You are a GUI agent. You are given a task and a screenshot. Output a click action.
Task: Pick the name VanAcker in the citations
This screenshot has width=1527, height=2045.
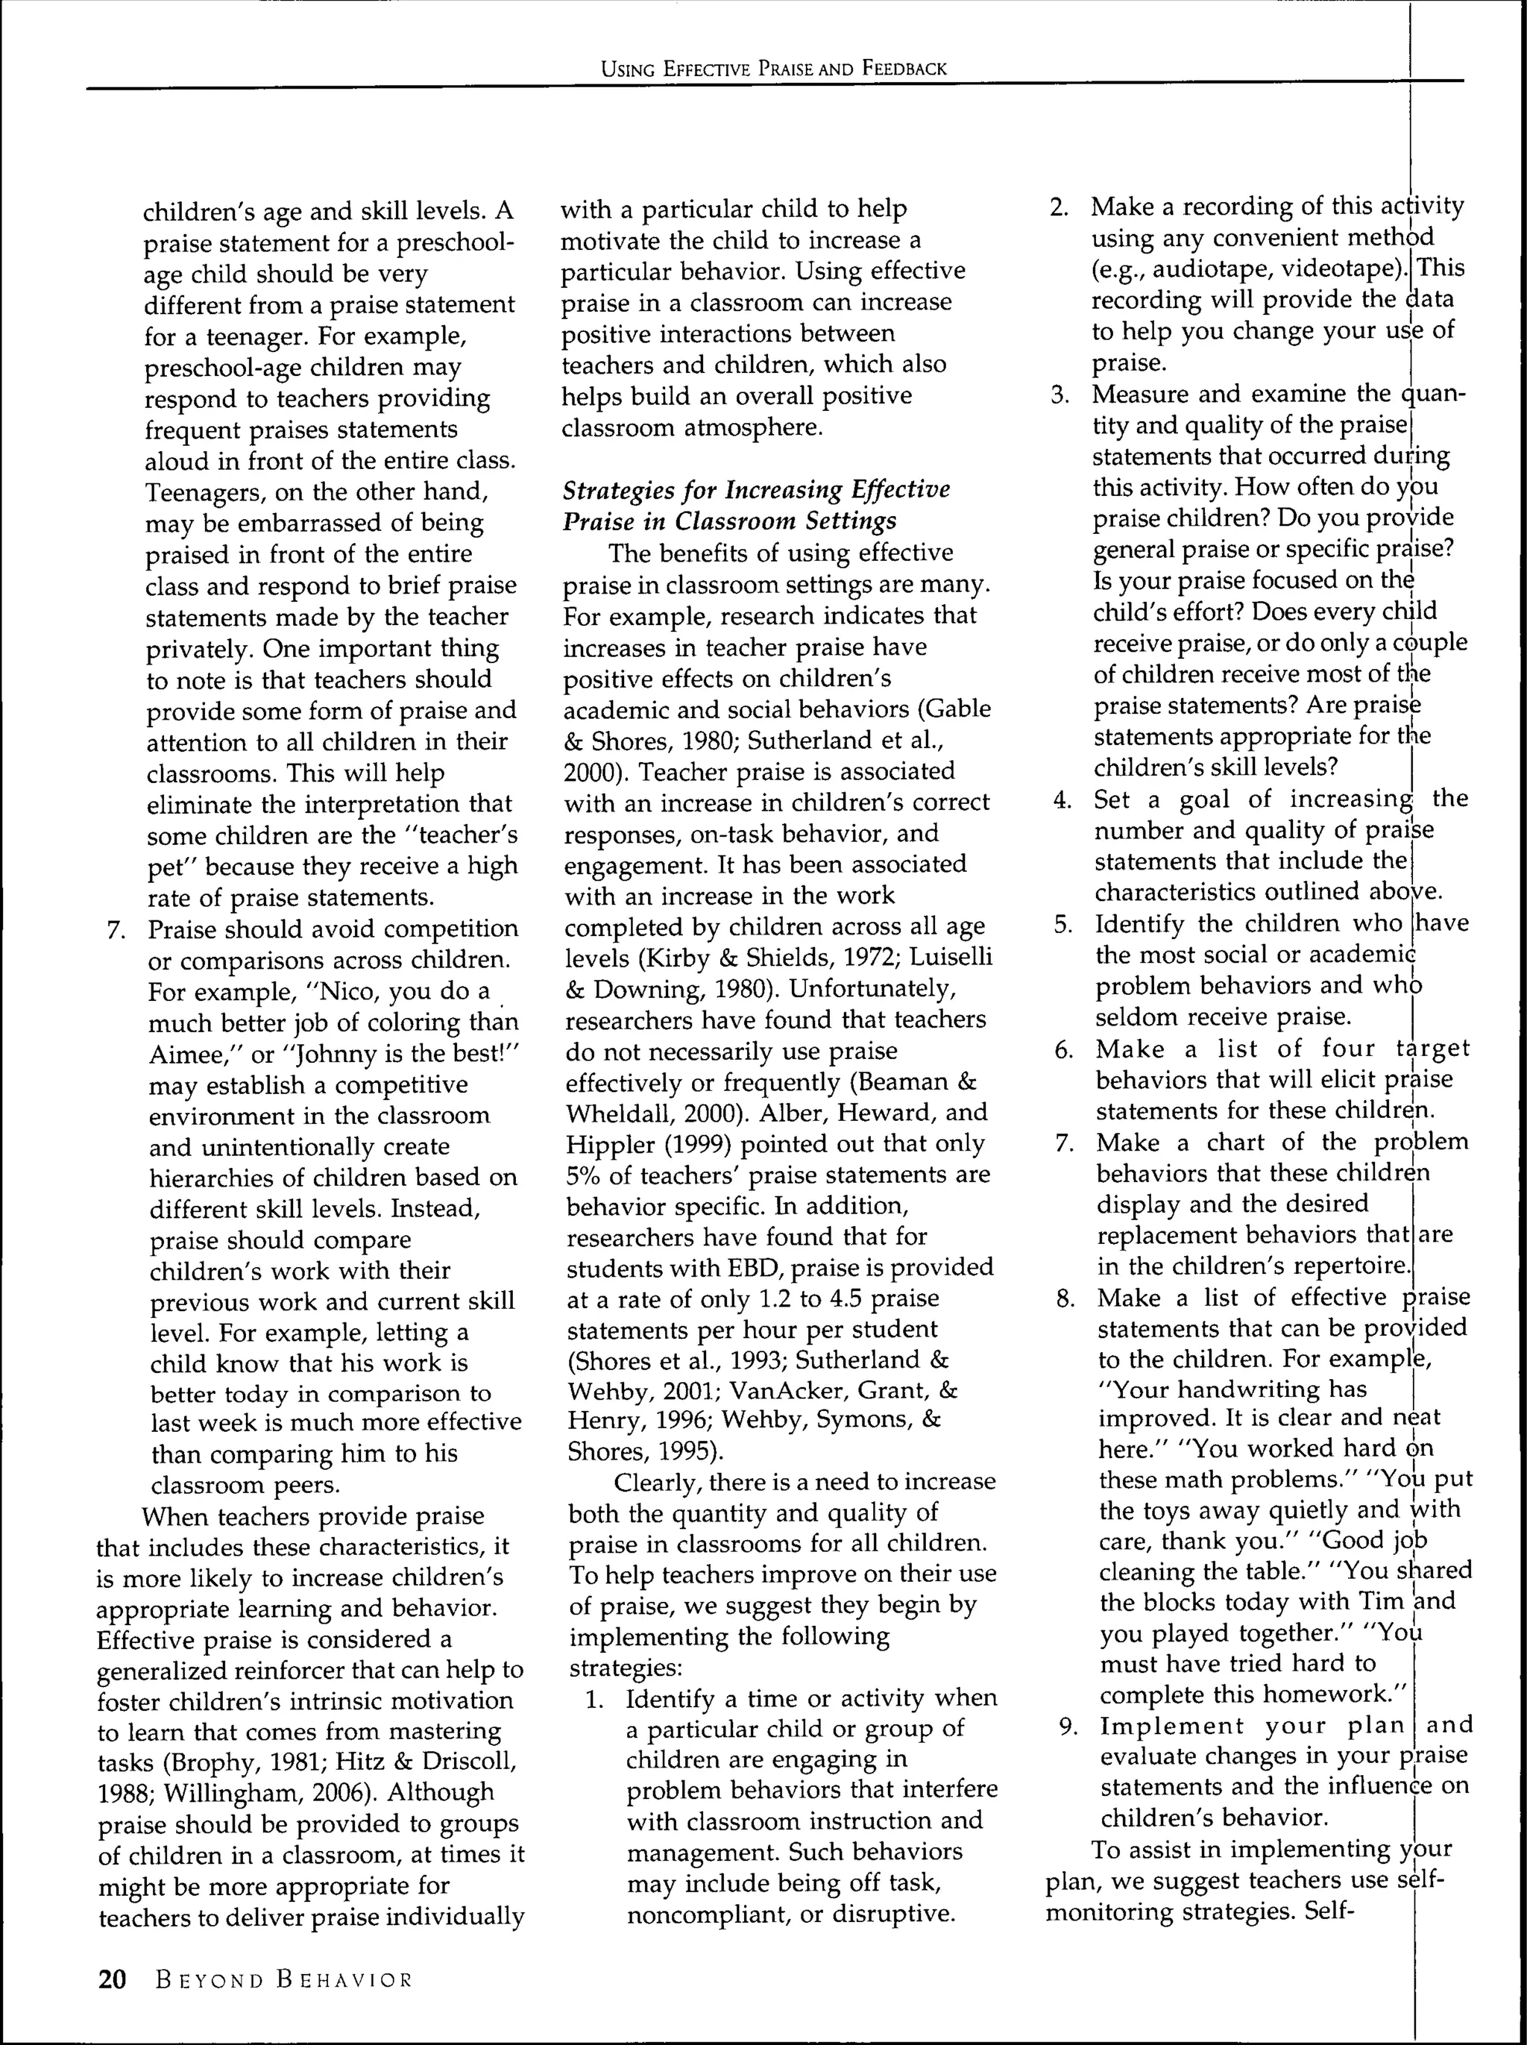point(763,1392)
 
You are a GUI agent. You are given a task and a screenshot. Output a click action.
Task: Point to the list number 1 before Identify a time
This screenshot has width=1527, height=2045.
point(596,1699)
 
